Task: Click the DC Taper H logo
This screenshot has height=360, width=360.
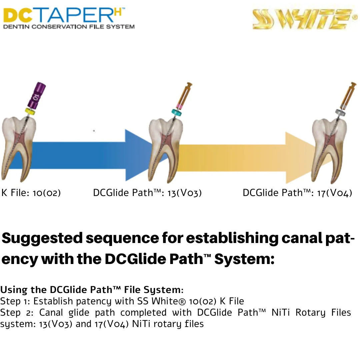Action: pos(68,18)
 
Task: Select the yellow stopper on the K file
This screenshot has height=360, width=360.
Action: pos(30,112)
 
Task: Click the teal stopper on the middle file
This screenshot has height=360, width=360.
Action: pos(176,113)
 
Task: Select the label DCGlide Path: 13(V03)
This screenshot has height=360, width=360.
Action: pos(147,193)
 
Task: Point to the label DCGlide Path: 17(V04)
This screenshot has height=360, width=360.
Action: pos(297,193)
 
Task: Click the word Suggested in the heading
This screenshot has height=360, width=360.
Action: pos(42,238)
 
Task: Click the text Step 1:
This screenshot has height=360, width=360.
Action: pos(15,301)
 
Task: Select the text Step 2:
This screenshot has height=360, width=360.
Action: pos(16,313)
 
